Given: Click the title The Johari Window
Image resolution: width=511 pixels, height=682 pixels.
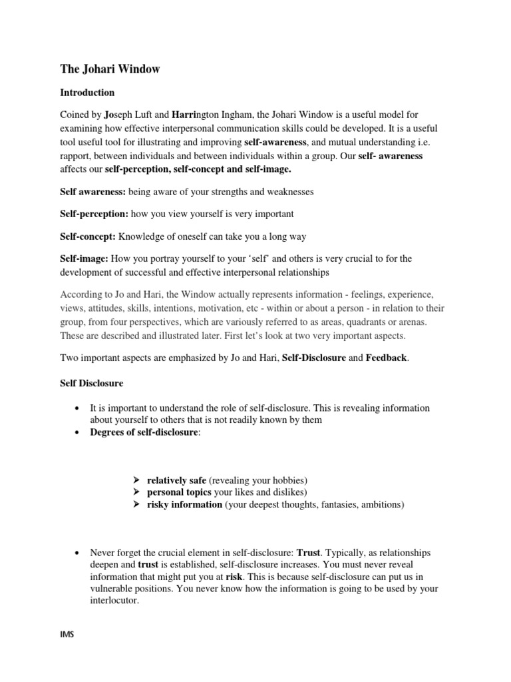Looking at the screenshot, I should [110, 69].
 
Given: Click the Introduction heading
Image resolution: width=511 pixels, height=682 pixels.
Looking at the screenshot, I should [87, 93].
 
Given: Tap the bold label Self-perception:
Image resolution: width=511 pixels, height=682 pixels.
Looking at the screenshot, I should [94, 214].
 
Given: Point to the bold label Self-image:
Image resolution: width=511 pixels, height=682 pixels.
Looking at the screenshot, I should [85, 258].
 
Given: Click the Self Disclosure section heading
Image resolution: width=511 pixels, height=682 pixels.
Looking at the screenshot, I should [92, 384].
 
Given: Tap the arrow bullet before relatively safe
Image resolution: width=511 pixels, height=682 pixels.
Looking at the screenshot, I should [136, 480].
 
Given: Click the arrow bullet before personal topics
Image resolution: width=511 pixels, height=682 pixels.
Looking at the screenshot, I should [136, 492].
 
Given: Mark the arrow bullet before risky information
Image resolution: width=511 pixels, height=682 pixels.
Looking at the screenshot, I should [136, 505].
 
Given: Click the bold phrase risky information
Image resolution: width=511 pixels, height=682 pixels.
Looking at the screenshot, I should [184, 505].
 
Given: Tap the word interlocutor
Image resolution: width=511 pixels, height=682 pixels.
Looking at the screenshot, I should [116, 601].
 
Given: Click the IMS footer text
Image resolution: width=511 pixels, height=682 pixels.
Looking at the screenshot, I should [67, 635].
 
